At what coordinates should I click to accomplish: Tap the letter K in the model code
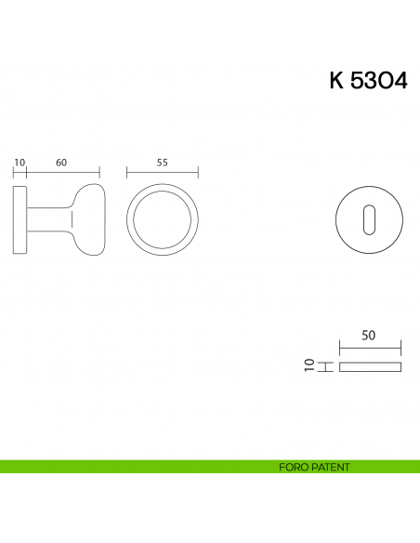tap(336, 81)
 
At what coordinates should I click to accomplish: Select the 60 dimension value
tap(61, 162)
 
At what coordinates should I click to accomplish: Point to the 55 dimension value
tap(162, 162)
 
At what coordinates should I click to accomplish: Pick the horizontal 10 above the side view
tap(19, 162)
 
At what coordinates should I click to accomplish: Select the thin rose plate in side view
tap(20, 219)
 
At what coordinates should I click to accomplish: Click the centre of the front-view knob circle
tap(162, 219)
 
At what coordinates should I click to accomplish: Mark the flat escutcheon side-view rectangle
tap(370, 367)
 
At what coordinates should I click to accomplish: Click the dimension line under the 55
tap(162, 172)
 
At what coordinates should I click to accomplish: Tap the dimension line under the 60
tap(62, 172)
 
